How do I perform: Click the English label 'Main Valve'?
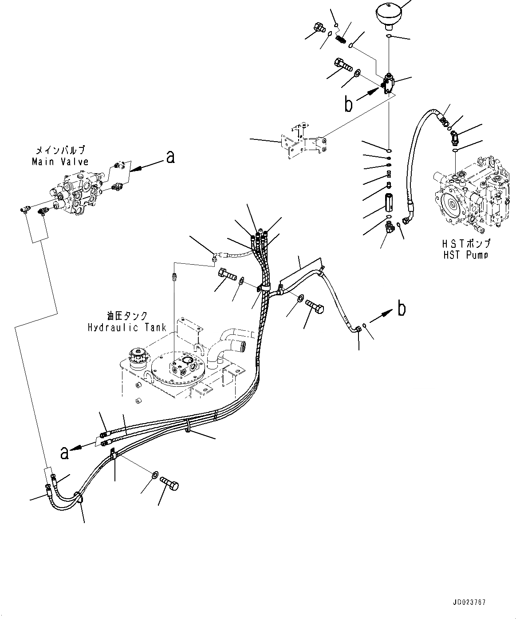point(60,162)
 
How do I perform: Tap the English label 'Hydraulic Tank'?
point(127,328)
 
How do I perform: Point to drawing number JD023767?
point(470,603)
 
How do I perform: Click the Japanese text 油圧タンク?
point(127,317)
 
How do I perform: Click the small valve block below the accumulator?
point(389,84)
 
